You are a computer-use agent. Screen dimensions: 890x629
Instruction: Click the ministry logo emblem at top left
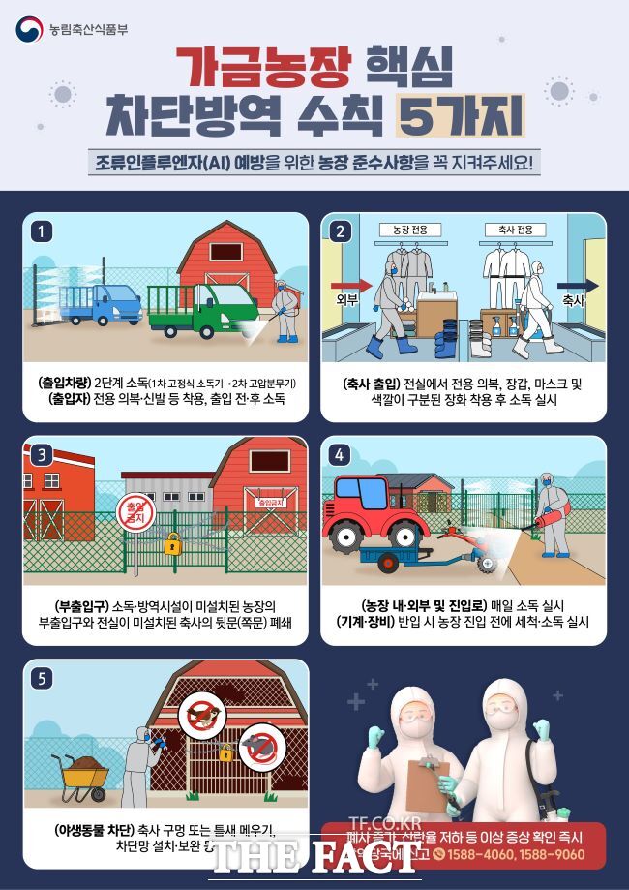pos(29,30)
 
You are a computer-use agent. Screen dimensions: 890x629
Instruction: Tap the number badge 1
pos(40,230)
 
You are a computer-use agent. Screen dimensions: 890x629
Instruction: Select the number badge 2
pos(339,230)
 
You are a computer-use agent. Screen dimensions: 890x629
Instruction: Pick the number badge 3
pos(40,454)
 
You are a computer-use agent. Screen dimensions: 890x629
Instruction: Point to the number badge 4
pos(339,454)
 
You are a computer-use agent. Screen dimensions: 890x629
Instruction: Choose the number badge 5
pos(40,678)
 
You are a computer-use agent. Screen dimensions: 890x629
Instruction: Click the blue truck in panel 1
pos(102,302)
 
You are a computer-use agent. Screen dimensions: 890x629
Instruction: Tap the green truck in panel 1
pos(207,308)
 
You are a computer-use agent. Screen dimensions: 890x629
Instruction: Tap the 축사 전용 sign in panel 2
pos(513,230)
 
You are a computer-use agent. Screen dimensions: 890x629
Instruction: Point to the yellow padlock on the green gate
pos(172,543)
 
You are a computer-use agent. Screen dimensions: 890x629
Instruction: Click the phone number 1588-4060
pos(485,854)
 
